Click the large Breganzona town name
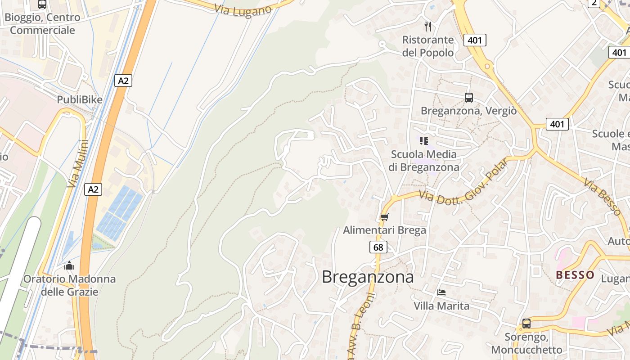click(x=368, y=277)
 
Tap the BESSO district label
click(x=575, y=275)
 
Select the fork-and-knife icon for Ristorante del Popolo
click(x=428, y=27)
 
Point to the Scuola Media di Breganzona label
click(x=424, y=161)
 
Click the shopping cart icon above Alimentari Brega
click(x=384, y=217)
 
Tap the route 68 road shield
click(x=378, y=247)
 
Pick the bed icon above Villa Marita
click(x=441, y=292)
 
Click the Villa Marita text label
click(x=441, y=306)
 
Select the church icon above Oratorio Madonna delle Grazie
click(x=69, y=265)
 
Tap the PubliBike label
click(x=80, y=99)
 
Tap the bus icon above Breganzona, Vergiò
click(x=469, y=97)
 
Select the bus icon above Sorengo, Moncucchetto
click(x=526, y=323)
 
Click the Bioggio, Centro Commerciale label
click(x=42, y=24)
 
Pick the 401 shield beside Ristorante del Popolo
click(x=475, y=40)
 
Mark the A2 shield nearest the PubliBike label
click(x=123, y=81)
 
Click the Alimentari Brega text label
click(x=384, y=230)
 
